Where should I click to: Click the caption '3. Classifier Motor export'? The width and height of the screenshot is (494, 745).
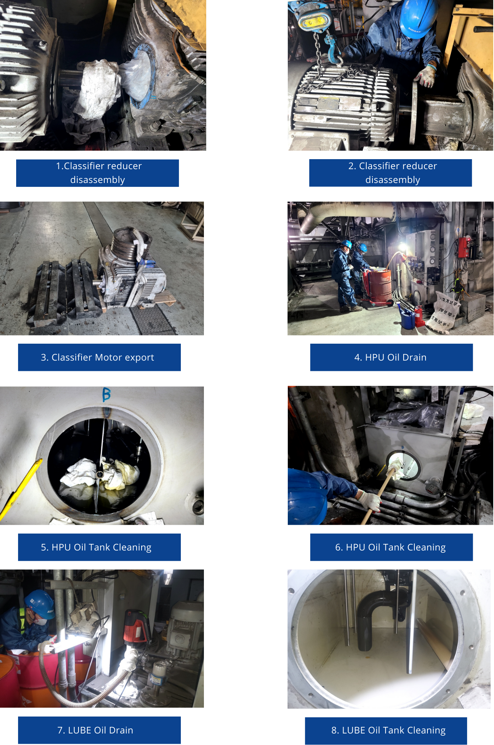(97, 358)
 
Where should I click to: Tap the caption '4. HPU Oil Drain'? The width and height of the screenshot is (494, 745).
(391, 358)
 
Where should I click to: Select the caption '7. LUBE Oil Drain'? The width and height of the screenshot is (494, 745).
(95, 730)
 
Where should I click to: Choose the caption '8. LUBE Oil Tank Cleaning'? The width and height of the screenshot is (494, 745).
(389, 730)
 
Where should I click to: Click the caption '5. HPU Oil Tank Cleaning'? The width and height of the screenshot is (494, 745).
(96, 547)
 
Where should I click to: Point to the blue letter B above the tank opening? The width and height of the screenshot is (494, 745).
(107, 394)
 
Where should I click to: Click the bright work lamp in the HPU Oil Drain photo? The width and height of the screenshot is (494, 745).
(402, 246)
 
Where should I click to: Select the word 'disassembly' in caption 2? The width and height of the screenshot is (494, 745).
(392, 180)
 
